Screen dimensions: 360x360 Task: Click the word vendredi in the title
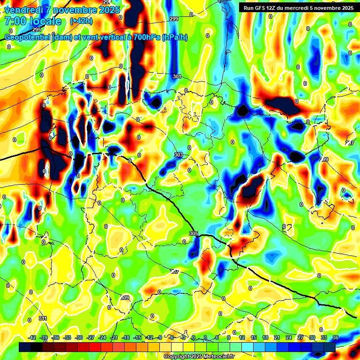coord(23,10)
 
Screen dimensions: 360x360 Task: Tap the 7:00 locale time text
coord(33,21)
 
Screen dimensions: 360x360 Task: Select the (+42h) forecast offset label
coord(81,21)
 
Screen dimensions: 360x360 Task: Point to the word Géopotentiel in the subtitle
coord(27,37)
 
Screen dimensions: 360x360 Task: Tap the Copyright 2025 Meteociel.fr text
coord(199,357)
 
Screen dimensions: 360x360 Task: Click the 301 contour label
coord(177,76)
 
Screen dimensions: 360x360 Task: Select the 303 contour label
coord(178,155)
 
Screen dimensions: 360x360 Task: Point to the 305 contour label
coord(194,233)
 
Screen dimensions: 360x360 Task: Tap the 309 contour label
coord(125,298)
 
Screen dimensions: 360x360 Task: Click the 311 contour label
coord(43,318)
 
